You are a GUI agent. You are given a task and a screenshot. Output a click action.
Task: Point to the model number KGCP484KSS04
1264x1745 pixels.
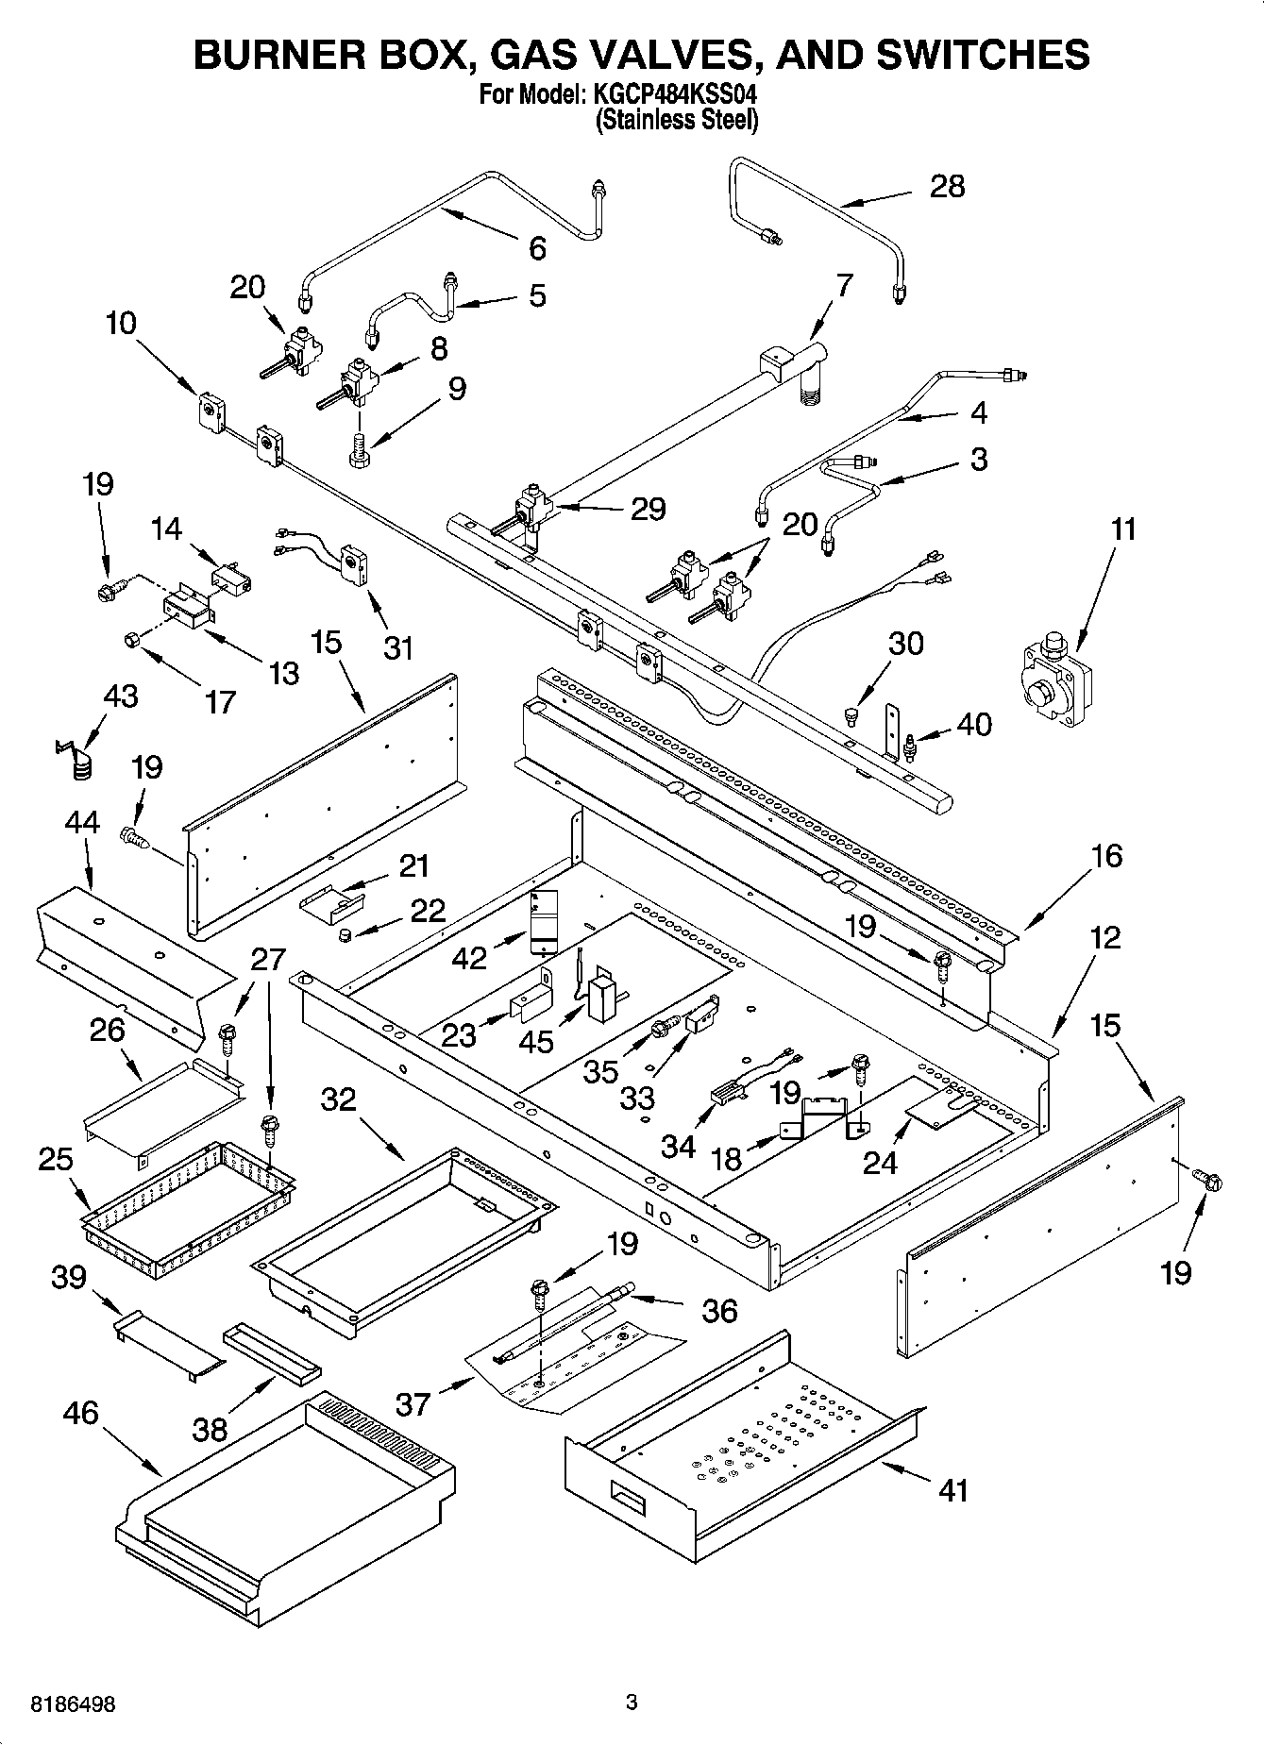click(x=677, y=96)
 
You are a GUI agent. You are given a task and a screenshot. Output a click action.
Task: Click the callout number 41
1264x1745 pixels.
click(x=954, y=1490)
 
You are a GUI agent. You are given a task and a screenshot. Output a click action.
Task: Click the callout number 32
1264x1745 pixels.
click(x=339, y=1099)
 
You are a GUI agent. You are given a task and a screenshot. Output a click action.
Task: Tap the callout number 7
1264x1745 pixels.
click(x=844, y=284)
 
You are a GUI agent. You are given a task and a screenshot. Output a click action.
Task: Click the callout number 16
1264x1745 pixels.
click(x=1106, y=856)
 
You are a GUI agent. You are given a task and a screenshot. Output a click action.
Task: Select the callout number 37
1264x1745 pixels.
click(x=413, y=1403)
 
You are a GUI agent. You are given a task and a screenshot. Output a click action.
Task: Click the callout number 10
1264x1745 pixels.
click(x=120, y=323)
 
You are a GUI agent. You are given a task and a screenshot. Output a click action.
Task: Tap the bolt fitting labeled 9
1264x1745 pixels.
click(x=359, y=446)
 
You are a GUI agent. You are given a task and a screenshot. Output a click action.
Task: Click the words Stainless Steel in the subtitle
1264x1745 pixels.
click(x=676, y=120)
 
